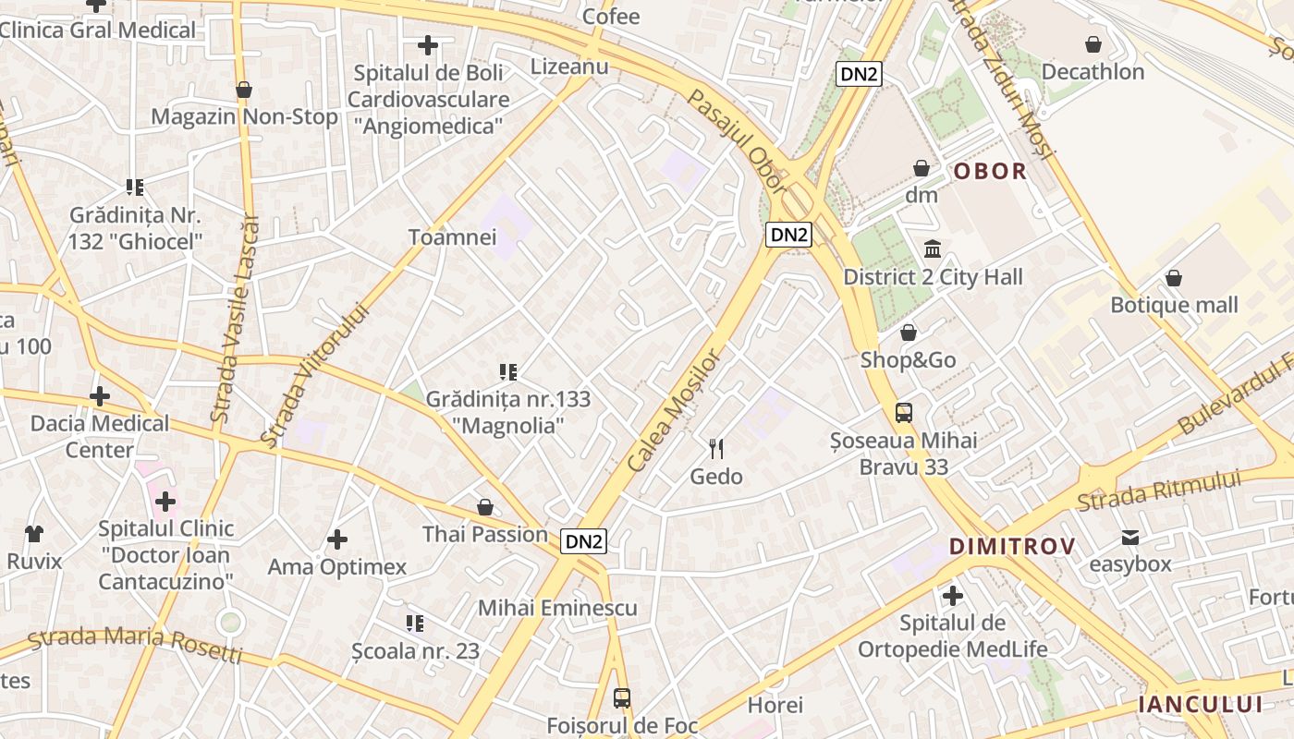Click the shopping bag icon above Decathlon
coord(1093,44)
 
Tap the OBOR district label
coord(990,171)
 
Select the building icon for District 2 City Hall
coord(933,249)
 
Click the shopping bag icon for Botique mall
coord(1174,278)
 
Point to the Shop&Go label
coord(908,360)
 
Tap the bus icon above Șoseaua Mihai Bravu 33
coord(904,413)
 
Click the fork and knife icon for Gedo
coord(716,449)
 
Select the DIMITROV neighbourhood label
coord(1012,547)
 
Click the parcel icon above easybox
coord(1129,538)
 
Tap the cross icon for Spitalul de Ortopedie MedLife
coord(953,596)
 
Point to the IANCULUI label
coord(1200,705)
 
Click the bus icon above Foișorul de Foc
coord(622,698)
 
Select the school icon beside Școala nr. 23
coord(415,624)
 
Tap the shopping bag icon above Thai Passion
coord(485,507)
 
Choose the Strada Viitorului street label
coord(314,376)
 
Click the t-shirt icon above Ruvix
coord(34,533)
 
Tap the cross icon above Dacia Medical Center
coord(100,397)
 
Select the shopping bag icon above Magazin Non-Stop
coord(244,90)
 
